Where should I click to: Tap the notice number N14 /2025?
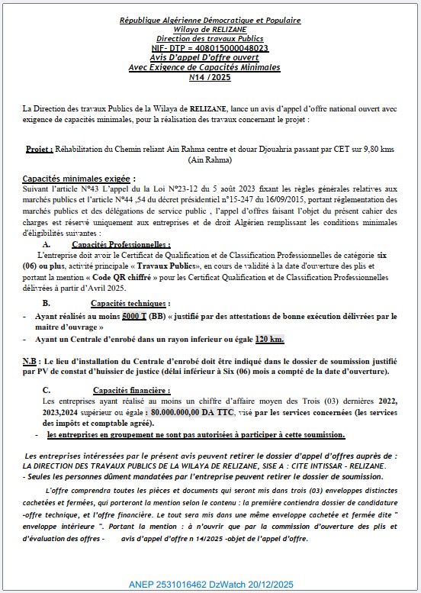pos(210,77)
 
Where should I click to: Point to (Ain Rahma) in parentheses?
pos(210,161)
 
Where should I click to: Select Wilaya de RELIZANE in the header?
pos(210,29)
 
